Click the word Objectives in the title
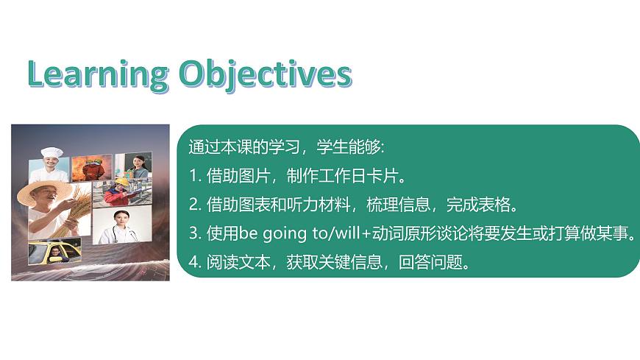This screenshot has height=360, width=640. (266, 75)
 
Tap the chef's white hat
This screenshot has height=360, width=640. (51, 153)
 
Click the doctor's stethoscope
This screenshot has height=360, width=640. (122, 233)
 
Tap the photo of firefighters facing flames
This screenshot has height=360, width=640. (92, 168)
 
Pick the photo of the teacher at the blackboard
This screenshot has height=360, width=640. (133, 166)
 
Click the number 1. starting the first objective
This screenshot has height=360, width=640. (195, 176)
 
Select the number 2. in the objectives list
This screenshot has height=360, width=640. (195, 205)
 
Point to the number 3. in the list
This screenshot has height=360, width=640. (195, 233)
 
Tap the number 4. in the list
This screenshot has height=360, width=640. (195, 262)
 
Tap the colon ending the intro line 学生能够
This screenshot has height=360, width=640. (382, 148)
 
